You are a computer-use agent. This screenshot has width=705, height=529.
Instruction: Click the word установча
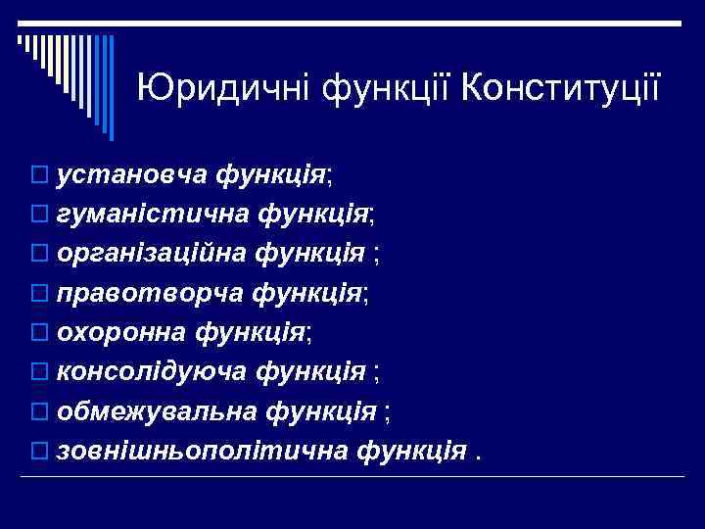pyautogui.click(x=131, y=175)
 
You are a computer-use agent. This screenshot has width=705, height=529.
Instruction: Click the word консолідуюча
pyautogui.click(x=154, y=371)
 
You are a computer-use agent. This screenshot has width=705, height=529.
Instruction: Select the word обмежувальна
pyautogui.click(x=159, y=410)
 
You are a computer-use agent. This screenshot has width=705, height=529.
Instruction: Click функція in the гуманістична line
pyautogui.click(x=313, y=215)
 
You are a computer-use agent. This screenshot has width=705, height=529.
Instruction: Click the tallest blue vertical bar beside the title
pyautogui.click(x=111, y=86)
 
